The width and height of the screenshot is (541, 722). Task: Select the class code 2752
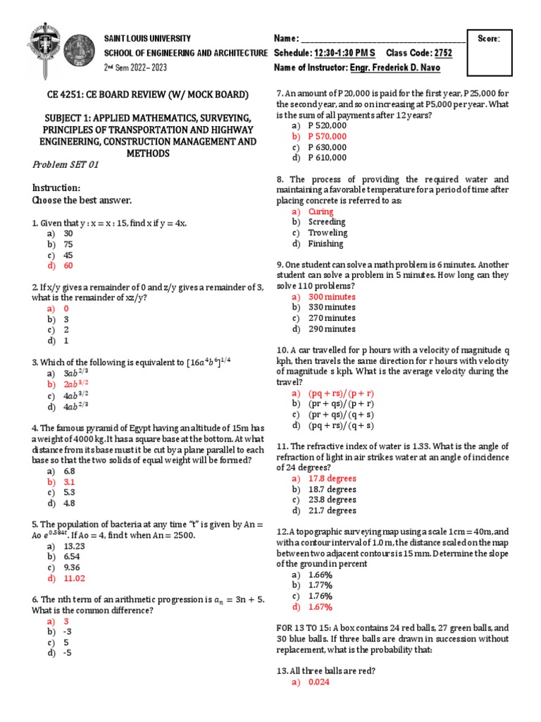[443, 53]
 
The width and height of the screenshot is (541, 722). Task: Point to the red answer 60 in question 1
[68, 266]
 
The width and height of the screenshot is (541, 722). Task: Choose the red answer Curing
[321, 212]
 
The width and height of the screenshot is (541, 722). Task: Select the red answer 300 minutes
[332, 297]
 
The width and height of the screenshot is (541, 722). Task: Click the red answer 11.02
[74, 578]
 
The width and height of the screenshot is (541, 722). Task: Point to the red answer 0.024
[319, 683]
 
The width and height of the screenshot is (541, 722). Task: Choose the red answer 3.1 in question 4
[69, 482]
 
